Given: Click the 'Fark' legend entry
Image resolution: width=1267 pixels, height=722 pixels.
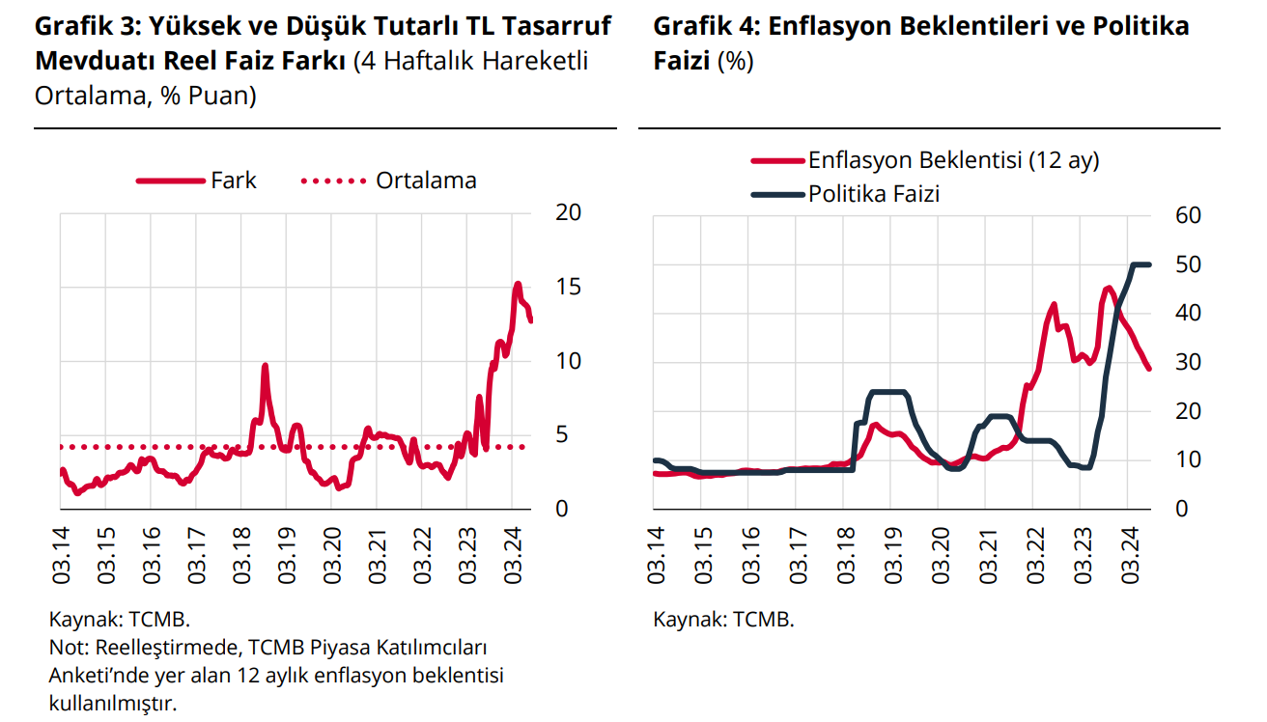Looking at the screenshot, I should point(233,180).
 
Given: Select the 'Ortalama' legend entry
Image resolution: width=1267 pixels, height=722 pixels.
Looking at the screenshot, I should point(426,180).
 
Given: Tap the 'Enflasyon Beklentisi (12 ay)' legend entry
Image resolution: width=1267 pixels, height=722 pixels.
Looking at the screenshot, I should point(953,160).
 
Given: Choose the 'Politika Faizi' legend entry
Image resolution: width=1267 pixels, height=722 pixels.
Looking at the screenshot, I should point(874,194).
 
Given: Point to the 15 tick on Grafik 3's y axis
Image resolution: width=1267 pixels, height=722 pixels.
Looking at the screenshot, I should point(568,287).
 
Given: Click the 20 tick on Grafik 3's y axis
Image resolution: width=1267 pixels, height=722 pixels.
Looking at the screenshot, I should point(568,212).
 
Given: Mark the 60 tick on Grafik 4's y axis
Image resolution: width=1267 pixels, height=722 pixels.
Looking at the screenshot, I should point(1187,215).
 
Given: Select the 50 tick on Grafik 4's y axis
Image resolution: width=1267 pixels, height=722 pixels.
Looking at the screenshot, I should point(1187,264).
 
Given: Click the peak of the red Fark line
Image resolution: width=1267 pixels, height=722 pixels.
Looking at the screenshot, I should point(518,284).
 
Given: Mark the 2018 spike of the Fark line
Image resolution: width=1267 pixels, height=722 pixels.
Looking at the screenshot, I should point(265,365).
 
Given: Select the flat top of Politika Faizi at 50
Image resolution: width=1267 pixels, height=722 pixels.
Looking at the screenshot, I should point(1140,264).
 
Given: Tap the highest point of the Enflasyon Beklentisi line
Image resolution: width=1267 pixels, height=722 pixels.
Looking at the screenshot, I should point(1109,287).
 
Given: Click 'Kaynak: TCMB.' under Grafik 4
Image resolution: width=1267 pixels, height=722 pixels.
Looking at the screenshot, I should point(723,619).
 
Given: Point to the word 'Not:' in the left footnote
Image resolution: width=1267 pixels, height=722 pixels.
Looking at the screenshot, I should point(67,646).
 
